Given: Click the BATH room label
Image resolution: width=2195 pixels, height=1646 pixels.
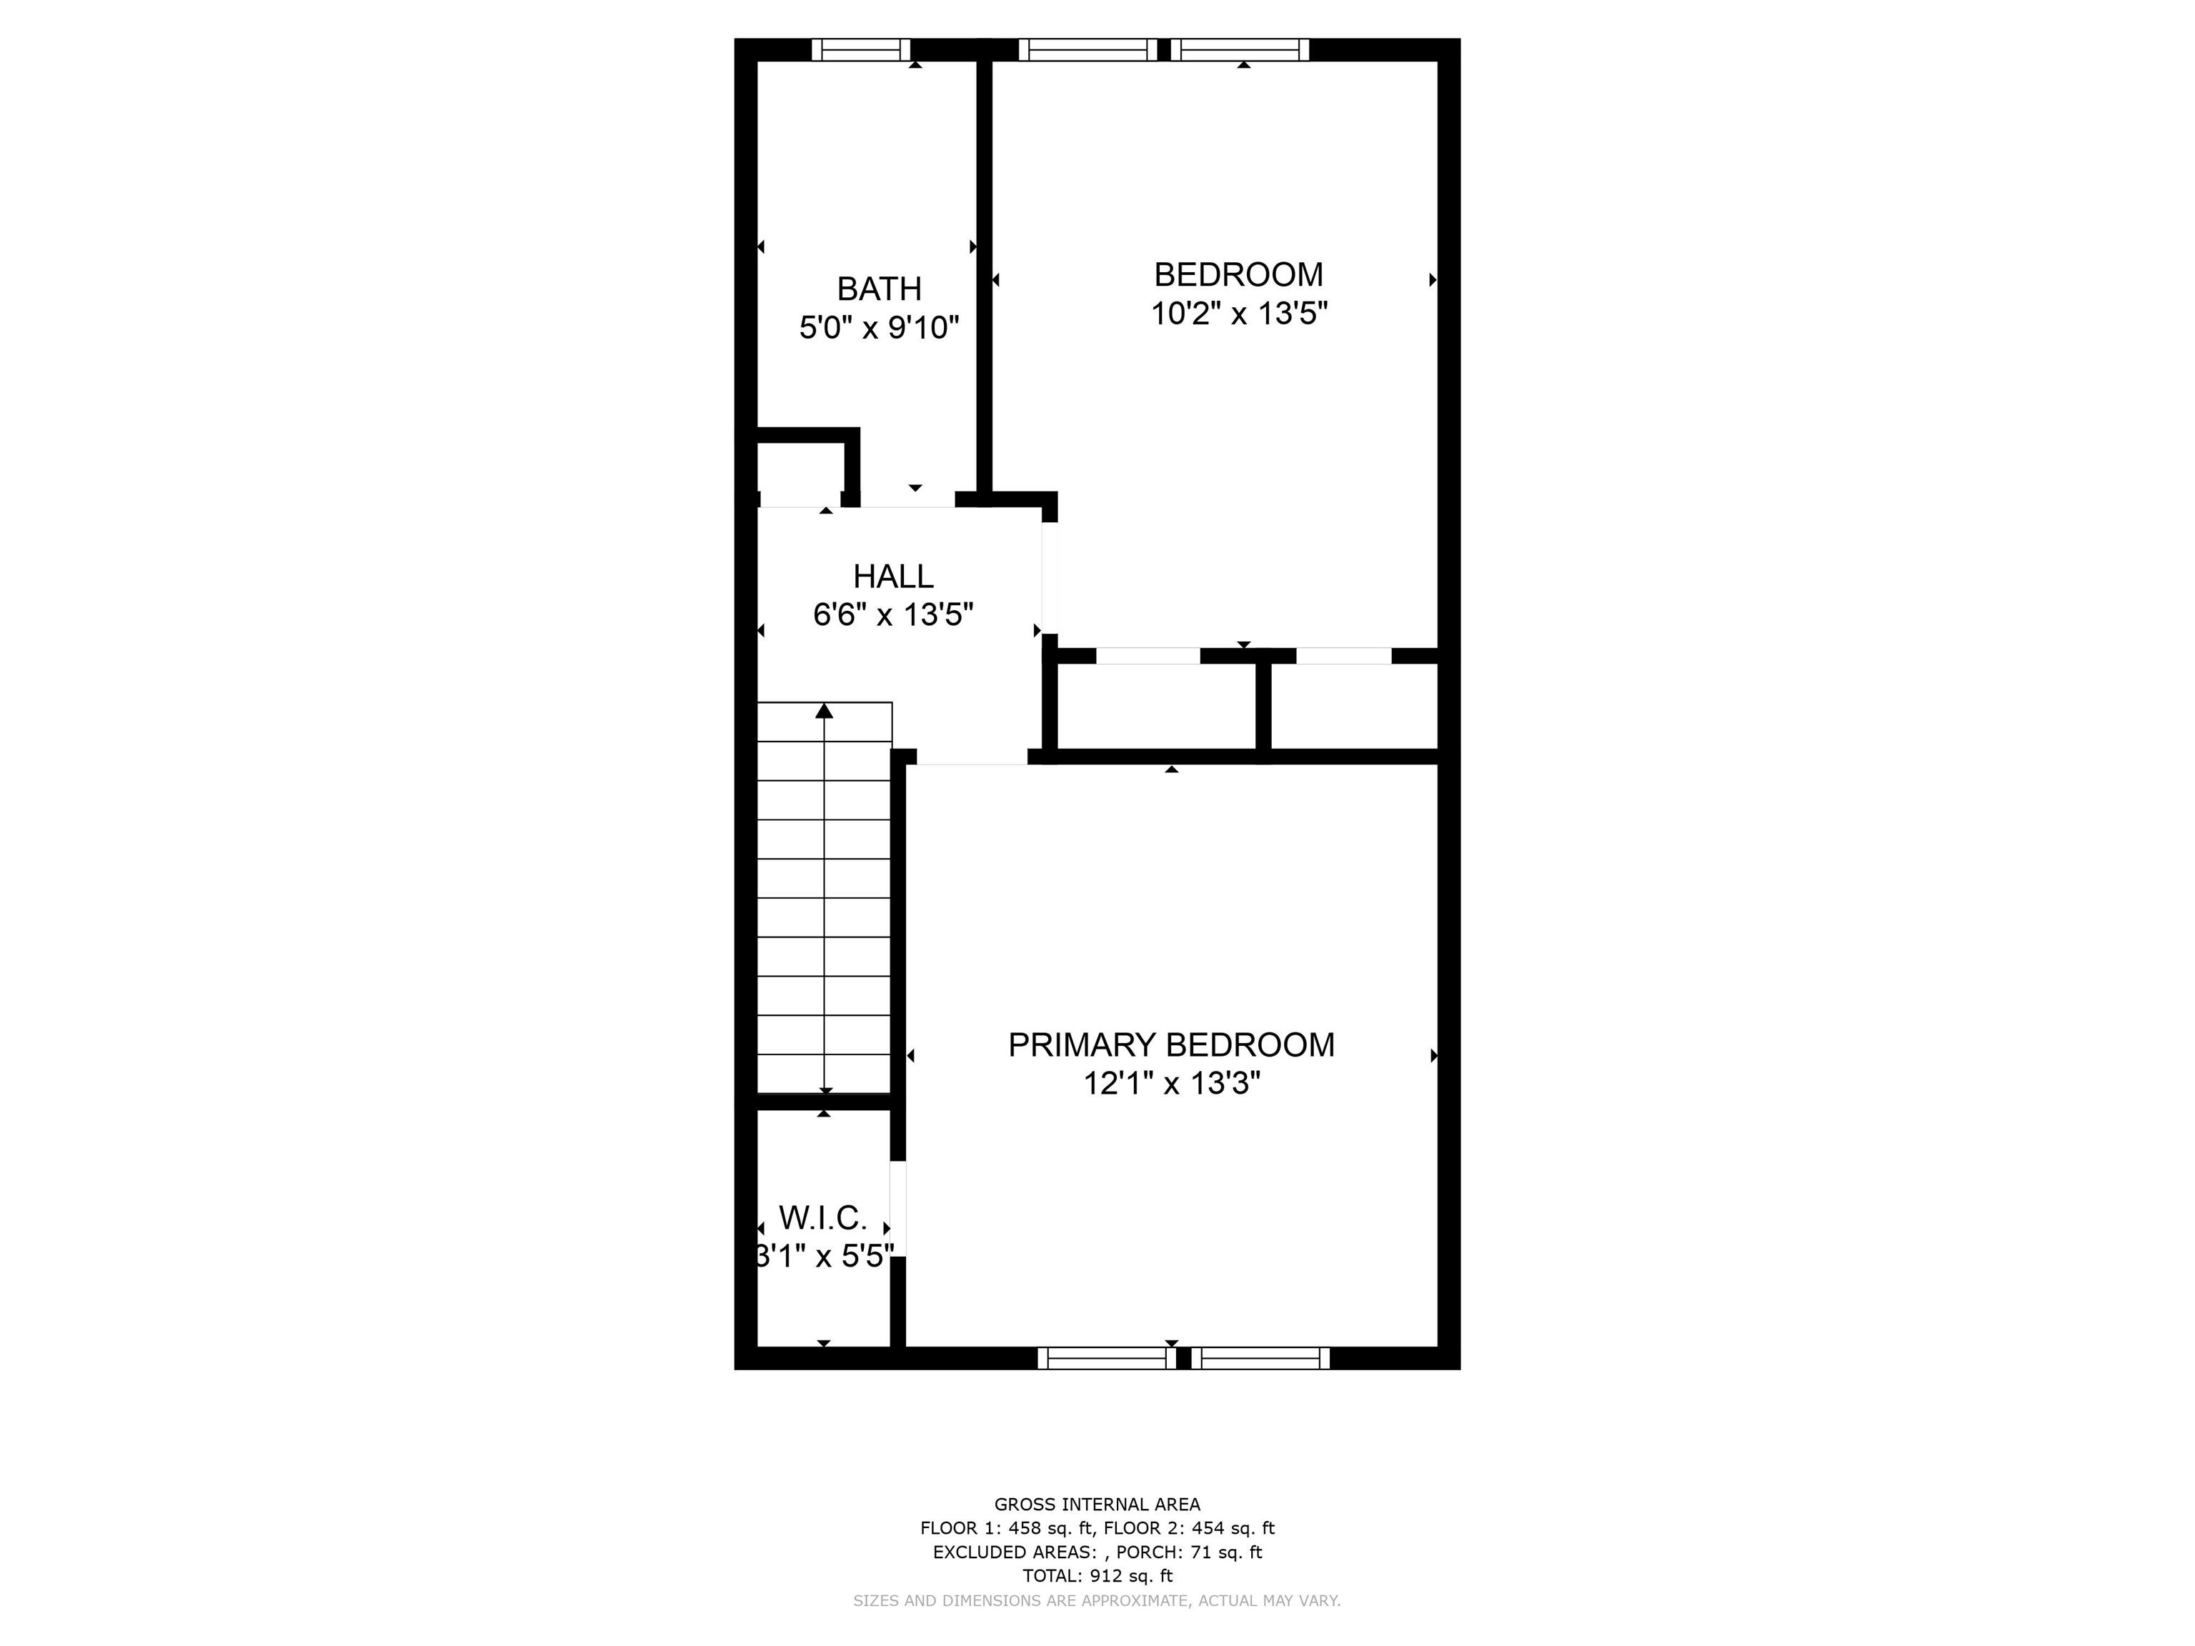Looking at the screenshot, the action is point(879,289).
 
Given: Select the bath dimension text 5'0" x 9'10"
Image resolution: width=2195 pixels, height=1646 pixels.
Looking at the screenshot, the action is point(879,327).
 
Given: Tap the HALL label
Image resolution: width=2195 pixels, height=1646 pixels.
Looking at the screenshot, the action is point(893,577).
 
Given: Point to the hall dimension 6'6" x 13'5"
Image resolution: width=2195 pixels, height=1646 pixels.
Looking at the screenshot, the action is point(893,615).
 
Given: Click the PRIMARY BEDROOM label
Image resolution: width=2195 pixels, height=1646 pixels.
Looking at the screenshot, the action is point(1171,1044).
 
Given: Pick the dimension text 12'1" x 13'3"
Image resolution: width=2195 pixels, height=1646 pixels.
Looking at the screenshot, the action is point(1171,1084).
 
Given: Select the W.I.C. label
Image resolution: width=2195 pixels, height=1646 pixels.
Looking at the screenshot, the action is point(824,1217).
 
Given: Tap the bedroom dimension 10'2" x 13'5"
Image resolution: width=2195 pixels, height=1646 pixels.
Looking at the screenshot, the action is point(1240,314).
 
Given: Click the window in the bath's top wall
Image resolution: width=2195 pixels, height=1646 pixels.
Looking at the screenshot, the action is point(861,49).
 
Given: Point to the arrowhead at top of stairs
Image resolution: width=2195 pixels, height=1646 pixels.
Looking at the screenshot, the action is point(825,710).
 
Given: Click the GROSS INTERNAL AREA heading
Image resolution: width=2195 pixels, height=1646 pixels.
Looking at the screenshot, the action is point(1097,1504).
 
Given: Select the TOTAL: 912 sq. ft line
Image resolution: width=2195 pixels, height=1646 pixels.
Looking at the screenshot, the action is point(1097,1575).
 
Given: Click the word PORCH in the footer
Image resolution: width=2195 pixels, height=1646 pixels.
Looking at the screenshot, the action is point(1147,1552).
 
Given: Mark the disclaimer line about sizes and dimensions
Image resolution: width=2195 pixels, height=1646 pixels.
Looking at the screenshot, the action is point(1097,1600).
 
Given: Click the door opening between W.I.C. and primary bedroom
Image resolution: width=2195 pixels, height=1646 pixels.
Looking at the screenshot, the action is point(898,1209).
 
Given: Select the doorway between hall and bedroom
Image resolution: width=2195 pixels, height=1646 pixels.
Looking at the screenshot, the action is point(1050,579).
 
